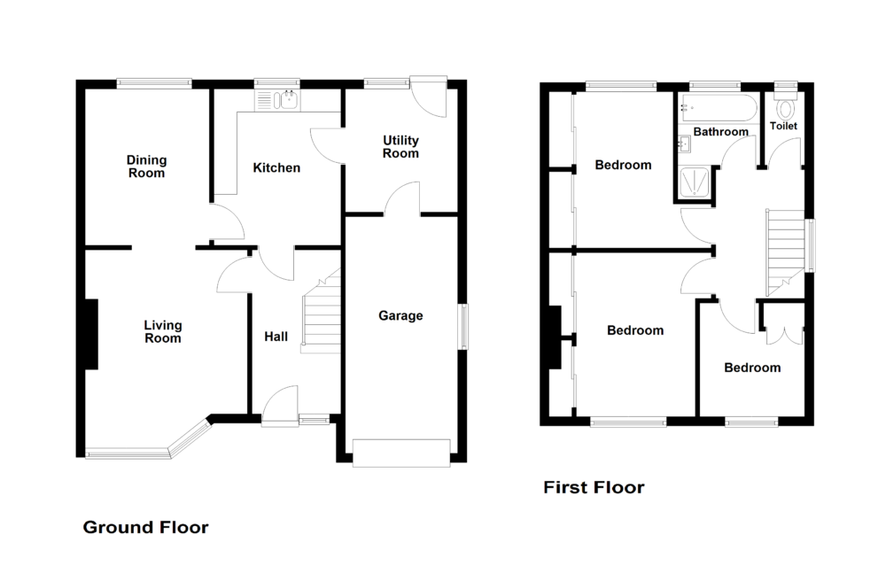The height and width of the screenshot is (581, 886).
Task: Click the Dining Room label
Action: [x=146, y=167]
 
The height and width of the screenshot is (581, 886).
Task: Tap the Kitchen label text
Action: [x=276, y=167]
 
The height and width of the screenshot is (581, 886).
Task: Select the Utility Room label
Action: [x=400, y=147]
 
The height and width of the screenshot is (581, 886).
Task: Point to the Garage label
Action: [x=400, y=315]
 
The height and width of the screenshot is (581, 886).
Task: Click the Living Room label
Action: [x=162, y=331]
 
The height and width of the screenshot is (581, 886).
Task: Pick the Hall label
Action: [x=276, y=337]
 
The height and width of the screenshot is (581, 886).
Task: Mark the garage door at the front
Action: [x=400, y=452]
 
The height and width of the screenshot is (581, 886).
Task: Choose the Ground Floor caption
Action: [x=145, y=528]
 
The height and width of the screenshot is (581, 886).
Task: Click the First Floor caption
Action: [x=594, y=487]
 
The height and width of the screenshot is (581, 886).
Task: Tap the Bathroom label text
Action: [x=720, y=132]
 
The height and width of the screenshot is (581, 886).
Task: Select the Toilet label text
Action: [x=783, y=127]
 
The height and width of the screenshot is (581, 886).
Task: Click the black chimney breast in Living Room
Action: [x=90, y=334]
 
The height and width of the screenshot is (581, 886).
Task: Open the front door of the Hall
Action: [x=282, y=407]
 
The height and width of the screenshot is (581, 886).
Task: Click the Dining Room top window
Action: [x=153, y=84]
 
